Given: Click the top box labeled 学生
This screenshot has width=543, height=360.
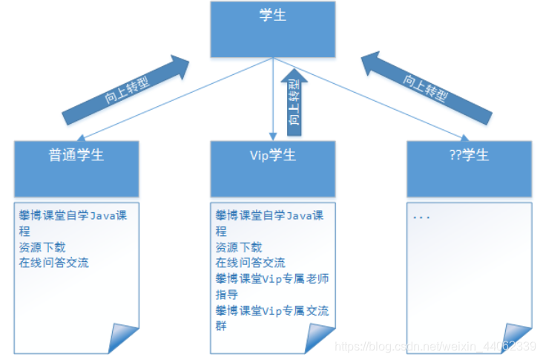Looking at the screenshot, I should click(x=273, y=29).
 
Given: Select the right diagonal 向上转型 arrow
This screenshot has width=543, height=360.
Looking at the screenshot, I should click(x=427, y=88).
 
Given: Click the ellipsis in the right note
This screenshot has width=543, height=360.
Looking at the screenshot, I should click(x=421, y=217).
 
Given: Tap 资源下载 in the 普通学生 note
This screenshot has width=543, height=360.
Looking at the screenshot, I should click(x=42, y=247).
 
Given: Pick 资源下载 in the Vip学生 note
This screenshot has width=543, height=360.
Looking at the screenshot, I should click(x=238, y=247).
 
